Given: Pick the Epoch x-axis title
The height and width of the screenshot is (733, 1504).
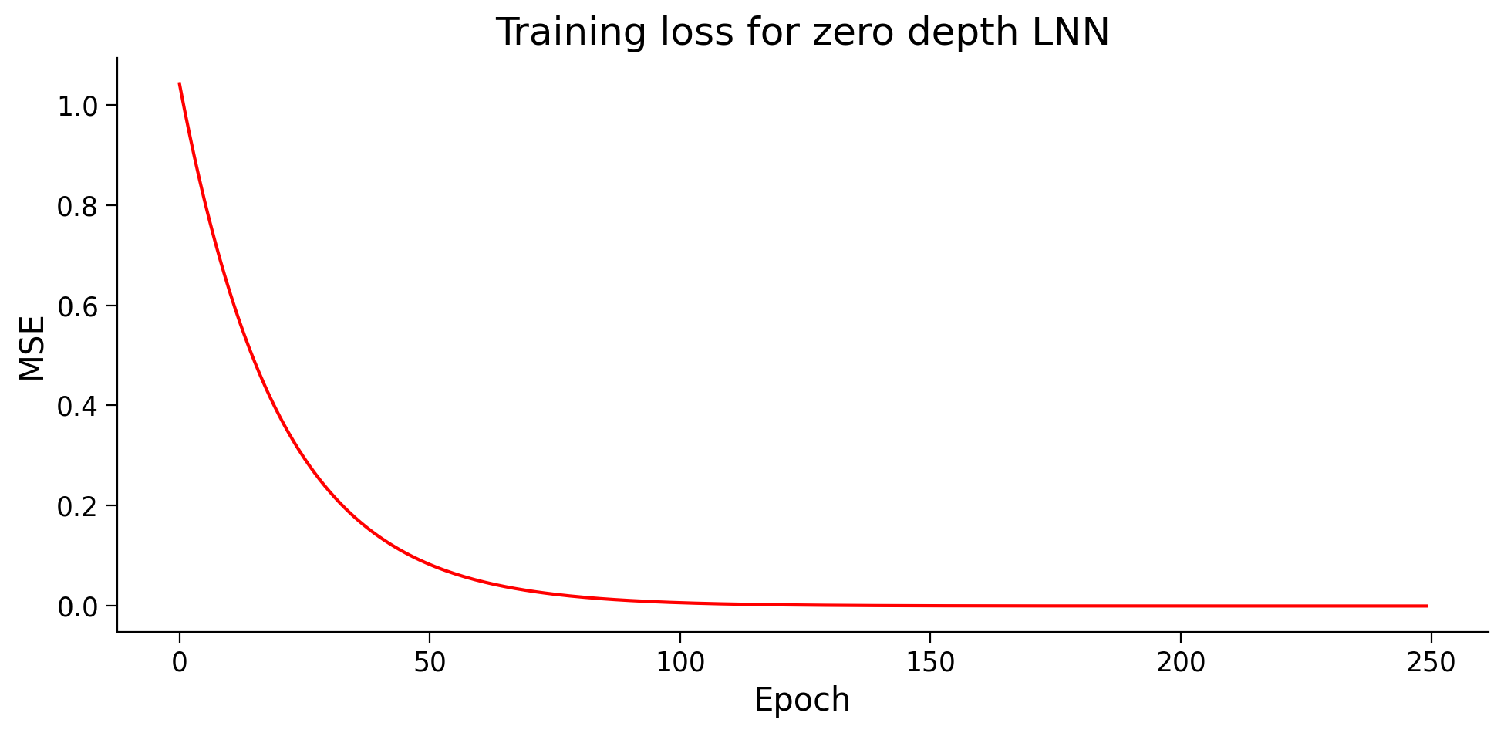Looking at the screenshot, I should [801, 700].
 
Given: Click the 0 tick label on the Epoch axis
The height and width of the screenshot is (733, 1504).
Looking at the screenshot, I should [180, 662].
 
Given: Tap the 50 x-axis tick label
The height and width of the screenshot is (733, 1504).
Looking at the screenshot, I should [430, 662].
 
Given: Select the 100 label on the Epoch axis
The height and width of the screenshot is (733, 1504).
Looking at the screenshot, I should [679, 662].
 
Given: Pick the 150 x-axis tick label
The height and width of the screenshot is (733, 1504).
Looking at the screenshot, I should [929, 662].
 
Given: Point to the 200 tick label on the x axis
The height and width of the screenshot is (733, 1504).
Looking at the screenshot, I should [1180, 662].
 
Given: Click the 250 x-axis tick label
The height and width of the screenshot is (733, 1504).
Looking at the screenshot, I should [1430, 662].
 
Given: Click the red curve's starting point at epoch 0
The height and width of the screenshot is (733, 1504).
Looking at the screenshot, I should [180, 83].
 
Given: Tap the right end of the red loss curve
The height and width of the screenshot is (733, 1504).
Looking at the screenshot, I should [1425, 606].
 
